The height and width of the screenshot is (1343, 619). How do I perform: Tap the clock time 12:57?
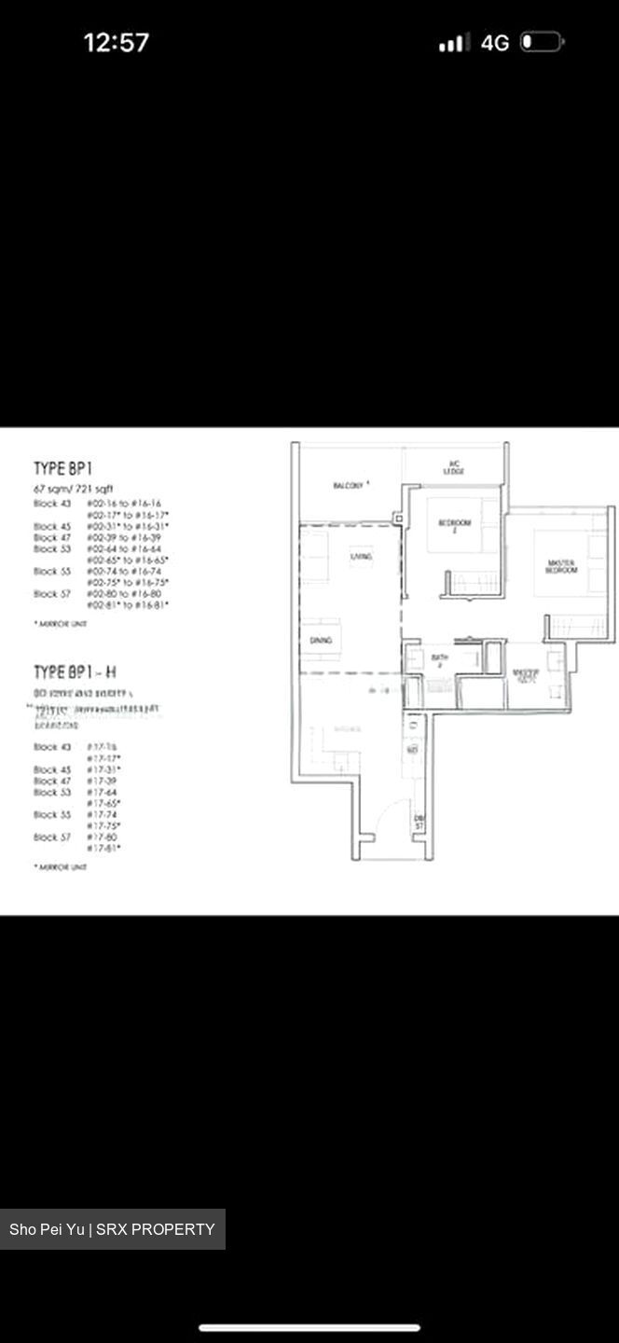[x=117, y=43]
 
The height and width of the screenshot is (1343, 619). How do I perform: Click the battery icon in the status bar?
[x=542, y=42]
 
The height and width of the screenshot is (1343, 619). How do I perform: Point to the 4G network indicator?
[x=495, y=43]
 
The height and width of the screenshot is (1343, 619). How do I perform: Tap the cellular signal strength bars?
[x=454, y=43]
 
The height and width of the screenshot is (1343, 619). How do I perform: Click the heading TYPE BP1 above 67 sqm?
[x=62, y=468]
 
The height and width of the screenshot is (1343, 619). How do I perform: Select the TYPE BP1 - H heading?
[x=75, y=672]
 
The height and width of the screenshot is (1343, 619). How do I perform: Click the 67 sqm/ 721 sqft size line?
[x=75, y=489]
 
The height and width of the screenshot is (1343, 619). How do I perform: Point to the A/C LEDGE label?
[x=454, y=467]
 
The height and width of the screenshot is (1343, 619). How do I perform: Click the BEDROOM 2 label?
[x=456, y=524]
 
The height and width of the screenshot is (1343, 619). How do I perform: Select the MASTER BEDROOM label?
[x=562, y=566]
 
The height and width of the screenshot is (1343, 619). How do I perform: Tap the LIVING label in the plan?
[x=362, y=557]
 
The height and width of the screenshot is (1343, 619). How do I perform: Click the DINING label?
[x=322, y=640]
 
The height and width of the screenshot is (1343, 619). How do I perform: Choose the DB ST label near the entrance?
[x=420, y=822]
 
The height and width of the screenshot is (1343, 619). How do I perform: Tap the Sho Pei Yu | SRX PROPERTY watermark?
[x=112, y=1229]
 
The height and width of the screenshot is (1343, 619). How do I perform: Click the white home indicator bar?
[x=309, y=1327]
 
